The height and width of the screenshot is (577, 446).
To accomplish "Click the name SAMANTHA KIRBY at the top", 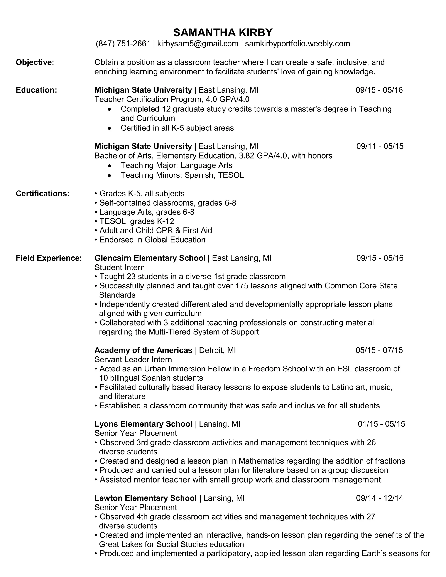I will (x=223, y=32).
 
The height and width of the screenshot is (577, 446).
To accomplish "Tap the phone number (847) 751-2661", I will (x=123, y=44).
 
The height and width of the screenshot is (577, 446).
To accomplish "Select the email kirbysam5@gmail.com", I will (x=198, y=44).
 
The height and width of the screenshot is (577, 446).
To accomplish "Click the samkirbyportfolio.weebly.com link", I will (x=297, y=44).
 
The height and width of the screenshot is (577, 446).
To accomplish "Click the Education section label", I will (x=36, y=90).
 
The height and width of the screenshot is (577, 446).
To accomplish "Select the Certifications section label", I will (x=42, y=194).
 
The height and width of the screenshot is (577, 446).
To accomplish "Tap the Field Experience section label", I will (x=49, y=258).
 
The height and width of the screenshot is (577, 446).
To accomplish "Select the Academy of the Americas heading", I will (x=143, y=350).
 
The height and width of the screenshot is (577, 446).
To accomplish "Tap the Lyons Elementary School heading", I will (x=143, y=424).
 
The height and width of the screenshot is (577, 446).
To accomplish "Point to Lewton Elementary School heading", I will (x=146, y=498).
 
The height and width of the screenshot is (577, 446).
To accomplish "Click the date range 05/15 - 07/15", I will (x=379, y=350).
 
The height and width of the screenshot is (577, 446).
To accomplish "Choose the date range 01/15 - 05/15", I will (x=381, y=424).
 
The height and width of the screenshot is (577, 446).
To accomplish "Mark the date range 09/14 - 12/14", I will (x=380, y=498).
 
